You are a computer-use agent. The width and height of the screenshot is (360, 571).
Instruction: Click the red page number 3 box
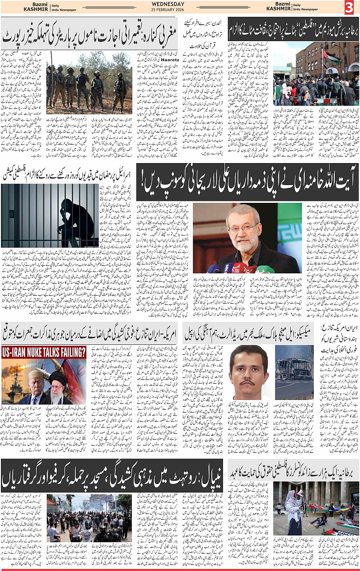click(349, 7)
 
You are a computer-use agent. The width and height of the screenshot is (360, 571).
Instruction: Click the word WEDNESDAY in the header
click(180, 4)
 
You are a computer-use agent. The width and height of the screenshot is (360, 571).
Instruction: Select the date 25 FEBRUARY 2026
click(180, 9)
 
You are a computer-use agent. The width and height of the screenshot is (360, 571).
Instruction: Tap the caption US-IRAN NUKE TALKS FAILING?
click(43, 352)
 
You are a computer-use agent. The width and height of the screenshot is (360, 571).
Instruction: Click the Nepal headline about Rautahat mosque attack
click(112, 474)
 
